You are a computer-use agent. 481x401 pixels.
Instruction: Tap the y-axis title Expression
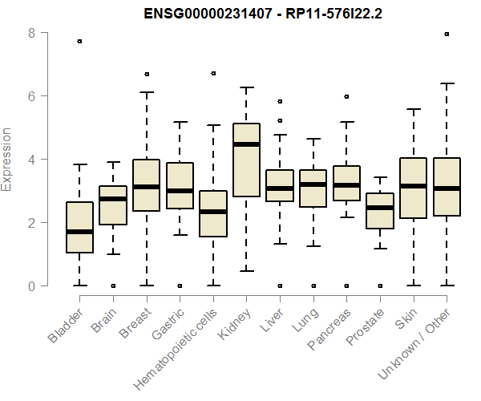tap(8, 159)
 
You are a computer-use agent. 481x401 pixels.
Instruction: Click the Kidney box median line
tap(246, 144)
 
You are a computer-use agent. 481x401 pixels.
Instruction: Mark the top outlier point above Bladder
tap(79, 41)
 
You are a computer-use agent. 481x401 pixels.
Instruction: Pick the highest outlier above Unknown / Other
tap(446, 34)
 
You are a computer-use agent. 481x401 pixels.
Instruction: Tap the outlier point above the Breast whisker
tap(146, 74)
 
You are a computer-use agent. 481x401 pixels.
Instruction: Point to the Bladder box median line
tap(79, 232)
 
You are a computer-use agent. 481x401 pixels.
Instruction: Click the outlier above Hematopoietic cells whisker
tap(212, 73)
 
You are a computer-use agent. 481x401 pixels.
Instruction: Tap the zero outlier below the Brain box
tap(113, 286)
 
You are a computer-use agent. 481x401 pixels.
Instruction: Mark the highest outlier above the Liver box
tap(279, 102)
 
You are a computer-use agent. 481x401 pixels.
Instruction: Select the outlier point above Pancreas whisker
tap(346, 96)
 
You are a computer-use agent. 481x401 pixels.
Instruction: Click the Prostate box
tap(379, 211)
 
